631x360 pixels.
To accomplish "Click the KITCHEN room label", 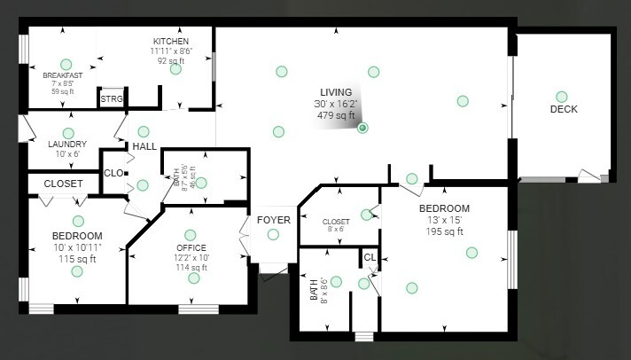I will (x=170, y=42).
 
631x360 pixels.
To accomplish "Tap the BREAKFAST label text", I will (x=62, y=75).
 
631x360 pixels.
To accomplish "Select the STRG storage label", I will (x=111, y=99).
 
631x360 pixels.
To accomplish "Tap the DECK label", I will (x=564, y=110).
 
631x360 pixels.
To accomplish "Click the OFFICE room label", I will (x=191, y=247).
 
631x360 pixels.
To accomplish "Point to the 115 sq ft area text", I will (x=78, y=259).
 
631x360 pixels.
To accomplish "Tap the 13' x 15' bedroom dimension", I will (x=444, y=220).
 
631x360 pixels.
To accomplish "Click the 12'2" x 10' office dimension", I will (x=191, y=257).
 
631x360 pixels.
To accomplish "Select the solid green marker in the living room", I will (x=362, y=128).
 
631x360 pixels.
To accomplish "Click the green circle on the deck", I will (x=561, y=97).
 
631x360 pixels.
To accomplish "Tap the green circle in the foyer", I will (x=273, y=234).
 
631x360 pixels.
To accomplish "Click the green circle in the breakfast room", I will (x=65, y=63).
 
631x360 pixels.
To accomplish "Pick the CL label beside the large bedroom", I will (x=370, y=259).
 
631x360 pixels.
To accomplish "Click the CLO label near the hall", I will (x=114, y=174).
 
